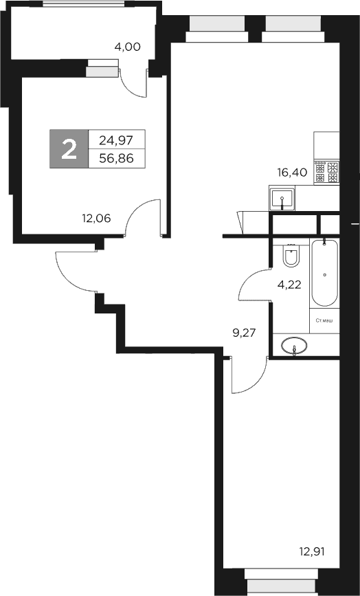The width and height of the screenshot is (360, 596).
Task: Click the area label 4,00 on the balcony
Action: coord(127,47)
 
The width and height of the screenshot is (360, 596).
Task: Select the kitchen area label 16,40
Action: coord(292,172)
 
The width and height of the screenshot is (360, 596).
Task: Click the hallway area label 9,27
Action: coord(247,334)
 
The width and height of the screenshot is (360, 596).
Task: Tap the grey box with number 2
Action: coord(69,148)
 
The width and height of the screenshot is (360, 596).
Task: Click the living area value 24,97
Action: coord(116,140)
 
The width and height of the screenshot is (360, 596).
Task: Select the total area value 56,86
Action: coord(116,158)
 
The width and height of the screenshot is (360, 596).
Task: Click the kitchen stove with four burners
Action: coord(327,171)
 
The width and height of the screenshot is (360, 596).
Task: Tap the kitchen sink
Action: coord(282,200)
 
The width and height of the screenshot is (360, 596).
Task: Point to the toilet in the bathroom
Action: coord(291,256)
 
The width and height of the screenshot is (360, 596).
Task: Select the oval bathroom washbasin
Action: coord(295,345)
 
